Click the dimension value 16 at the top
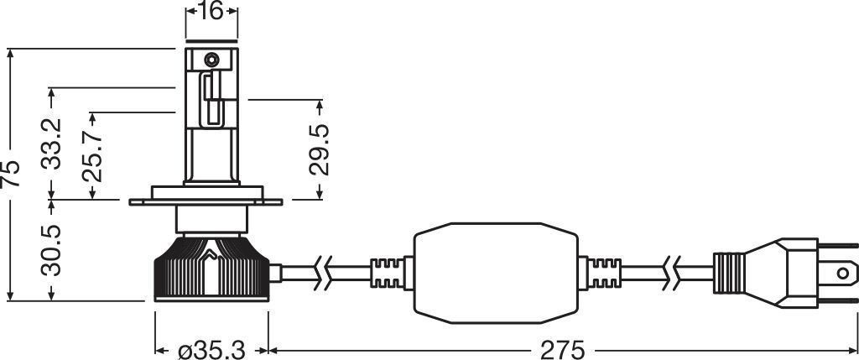tap(211, 13)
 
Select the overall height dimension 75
tap(11, 173)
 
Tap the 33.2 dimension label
tap(53, 144)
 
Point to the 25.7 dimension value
tap(91, 155)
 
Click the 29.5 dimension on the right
tap(320, 149)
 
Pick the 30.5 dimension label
tap(53, 249)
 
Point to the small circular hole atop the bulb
tap(211, 60)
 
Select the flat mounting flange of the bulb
tap(211, 202)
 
